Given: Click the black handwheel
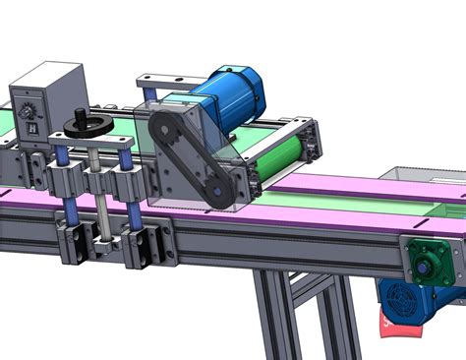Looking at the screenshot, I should point(87,125).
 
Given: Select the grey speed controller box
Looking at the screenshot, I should point(49,93).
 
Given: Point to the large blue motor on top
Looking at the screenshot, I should point(224,98).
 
